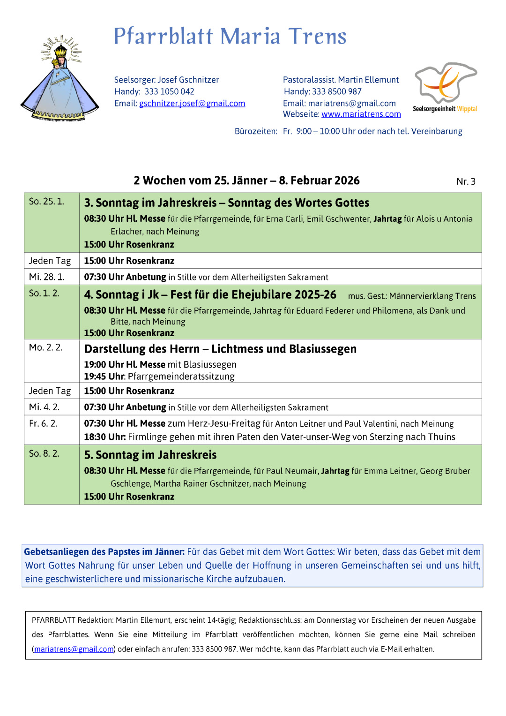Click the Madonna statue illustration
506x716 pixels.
click(x=60, y=80)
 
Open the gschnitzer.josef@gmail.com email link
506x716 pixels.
click(x=192, y=104)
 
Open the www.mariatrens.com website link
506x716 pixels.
click(x=361, y=114)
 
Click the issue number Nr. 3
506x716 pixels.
click(x=466, y=182)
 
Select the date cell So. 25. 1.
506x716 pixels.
click(x=46, y=202)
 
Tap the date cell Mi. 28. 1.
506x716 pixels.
click(x=47, y=277)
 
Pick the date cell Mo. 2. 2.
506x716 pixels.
click(x=45, y=347)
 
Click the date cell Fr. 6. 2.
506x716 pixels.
click(x=43, y=424)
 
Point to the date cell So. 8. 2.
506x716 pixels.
click(x=44, y=454)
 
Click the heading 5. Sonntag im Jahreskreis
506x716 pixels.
click(x=150, y=455)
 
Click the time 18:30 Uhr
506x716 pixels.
click(x=104, y=437)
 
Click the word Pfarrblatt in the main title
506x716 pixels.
click(x=164, y=37)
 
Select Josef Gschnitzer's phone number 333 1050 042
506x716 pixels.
click(x=169, y=92)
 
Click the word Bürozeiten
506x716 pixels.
click(x=256, y=132)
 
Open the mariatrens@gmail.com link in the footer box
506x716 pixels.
click(x=74, y=649)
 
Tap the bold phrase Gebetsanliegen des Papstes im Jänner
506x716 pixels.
click(x=104, y=552)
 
